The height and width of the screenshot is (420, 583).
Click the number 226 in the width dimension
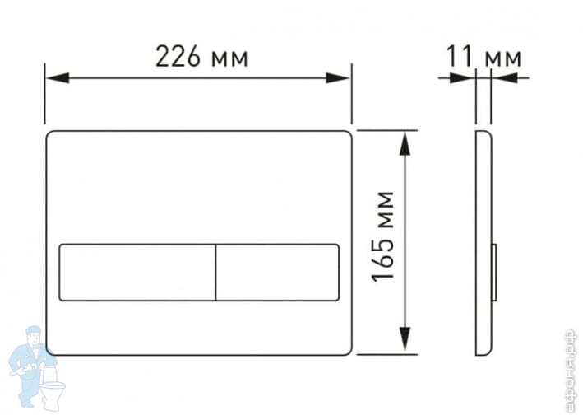(x=178, y=56)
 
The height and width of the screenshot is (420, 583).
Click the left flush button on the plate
(x=136, y=272)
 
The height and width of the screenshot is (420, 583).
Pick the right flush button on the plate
(x=278, y=272)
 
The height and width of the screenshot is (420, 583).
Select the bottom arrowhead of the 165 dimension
(x=405, y=339)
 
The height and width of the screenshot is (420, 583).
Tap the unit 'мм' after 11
(x=502, y=58)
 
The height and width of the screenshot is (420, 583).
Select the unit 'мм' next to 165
(x=382, y=208)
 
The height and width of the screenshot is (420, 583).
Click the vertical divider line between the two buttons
(x=215, y=272)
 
